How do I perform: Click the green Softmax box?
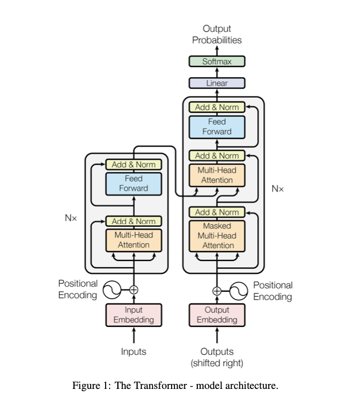217,61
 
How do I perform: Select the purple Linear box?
217,83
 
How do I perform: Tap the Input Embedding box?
134,315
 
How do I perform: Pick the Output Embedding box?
217,315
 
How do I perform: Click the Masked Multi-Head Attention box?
217,235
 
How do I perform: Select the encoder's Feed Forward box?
134,183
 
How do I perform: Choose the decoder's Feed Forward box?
217,126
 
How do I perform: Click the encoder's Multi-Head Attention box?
134,240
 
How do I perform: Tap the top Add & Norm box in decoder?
217,107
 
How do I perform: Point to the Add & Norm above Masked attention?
217,212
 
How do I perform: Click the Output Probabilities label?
217,34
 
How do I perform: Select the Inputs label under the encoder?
134,351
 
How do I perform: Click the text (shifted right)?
217,363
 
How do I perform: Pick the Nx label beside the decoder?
278,189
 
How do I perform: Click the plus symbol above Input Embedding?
134,289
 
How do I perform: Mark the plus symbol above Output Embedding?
217,290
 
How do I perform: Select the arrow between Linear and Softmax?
217,73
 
